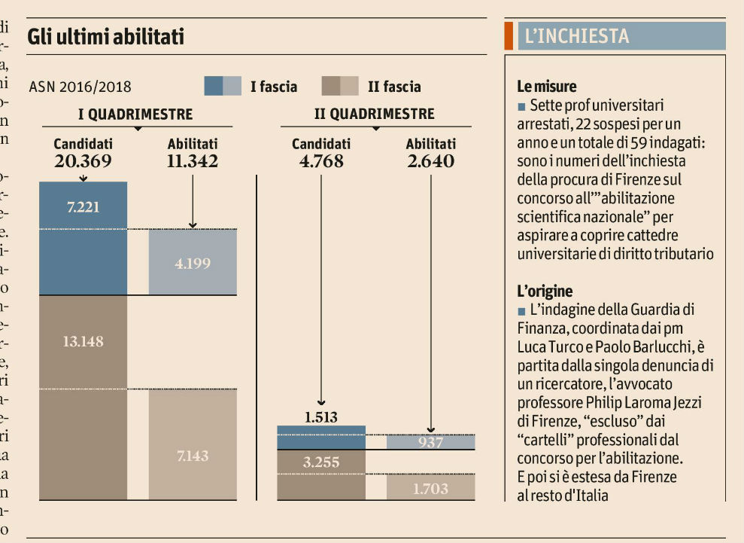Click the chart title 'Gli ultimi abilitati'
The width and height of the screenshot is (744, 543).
click(x=105, y=36)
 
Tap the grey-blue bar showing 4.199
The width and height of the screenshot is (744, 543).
click(x=193, y=263)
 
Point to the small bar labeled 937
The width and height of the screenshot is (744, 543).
click(x=431, y=442)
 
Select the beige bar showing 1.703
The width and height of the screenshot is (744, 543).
click(x=431, y=488)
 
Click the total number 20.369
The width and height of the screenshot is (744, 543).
click(x=83, y=161)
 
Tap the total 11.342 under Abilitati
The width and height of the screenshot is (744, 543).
click(x=193, y=161)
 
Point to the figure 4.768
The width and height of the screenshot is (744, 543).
click(x=321, y=161)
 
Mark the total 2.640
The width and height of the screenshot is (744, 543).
click(x=431, y=161)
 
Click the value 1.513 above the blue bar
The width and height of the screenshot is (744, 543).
click(x=321, y=416)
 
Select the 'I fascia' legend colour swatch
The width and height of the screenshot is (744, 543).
click(x=223, y=87)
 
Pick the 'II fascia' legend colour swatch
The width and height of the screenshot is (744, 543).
click(x=340, y=87)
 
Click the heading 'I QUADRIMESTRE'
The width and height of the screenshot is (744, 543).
click(x=135, y=114)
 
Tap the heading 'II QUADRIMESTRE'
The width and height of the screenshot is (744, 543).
click(x=374, y=114)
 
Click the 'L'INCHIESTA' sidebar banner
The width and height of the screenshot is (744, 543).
click(x=615, y=36)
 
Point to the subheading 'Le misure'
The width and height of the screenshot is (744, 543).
click(x=547, y=87)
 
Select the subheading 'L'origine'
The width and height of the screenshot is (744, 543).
click(x=545, y=291)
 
